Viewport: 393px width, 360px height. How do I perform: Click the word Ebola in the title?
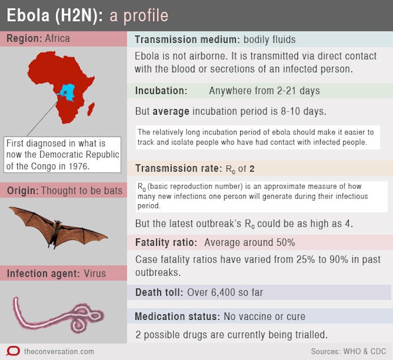28,16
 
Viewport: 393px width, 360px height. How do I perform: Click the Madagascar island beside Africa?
91,109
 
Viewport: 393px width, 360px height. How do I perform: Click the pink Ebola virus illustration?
58,315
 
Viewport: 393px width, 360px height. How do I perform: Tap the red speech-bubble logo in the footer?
13,351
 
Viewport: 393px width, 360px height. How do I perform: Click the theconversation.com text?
59,352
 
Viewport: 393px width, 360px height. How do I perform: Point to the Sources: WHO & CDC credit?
348,351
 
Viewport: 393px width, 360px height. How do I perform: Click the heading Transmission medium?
186,40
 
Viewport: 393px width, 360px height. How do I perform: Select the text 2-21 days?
299,91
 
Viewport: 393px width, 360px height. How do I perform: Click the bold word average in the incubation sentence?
171,111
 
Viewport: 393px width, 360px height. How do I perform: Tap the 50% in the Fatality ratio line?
286,242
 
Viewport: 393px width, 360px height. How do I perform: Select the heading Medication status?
177,316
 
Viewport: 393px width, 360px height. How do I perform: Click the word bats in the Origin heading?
113,191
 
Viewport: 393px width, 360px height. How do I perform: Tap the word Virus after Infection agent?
95,274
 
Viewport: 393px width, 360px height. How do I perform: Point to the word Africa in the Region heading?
57,39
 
